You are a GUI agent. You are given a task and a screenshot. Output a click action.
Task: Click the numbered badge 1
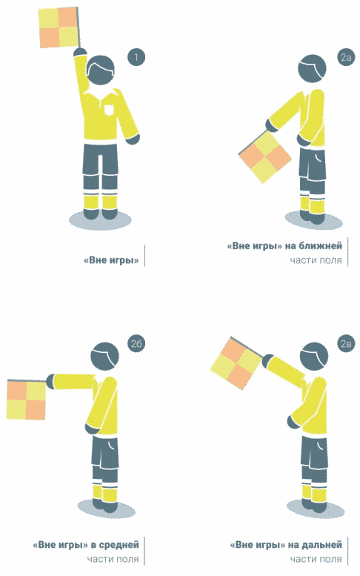136,57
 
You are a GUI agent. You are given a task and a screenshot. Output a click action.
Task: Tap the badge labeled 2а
346,57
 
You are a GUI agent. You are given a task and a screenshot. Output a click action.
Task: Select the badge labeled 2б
136,344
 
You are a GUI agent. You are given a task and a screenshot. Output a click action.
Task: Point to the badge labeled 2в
346,344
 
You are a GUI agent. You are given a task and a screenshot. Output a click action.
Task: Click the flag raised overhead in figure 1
59,27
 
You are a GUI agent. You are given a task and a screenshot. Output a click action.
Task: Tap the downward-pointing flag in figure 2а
264,157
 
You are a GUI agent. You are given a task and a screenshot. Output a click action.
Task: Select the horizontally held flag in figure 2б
27,400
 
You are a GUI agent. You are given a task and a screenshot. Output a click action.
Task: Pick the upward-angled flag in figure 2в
236,363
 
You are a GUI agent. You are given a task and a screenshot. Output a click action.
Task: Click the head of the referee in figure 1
101,70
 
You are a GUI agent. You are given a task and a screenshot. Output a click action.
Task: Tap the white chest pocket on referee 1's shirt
110,110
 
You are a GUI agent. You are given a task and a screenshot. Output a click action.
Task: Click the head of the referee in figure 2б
104,357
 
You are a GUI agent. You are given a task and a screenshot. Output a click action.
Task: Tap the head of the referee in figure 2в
314,357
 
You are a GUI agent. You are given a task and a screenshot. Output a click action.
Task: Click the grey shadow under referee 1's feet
100,220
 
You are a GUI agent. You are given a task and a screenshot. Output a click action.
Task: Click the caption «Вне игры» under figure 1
111,260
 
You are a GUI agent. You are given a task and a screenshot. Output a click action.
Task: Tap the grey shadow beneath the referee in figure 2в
316,509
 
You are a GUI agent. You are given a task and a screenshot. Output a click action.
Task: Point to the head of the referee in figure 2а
312,70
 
